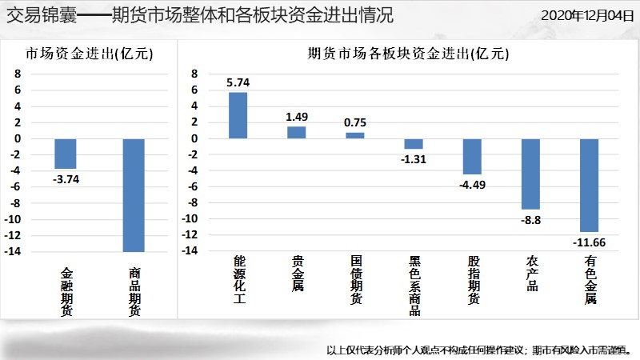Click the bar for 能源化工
click(x=238, y=115)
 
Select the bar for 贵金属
click(x=296, y=132)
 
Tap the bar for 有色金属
click(x=590, y=185)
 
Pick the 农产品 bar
click(x=531, y=174)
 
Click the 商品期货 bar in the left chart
click(x=134, y=195)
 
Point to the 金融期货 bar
click(x=66, y=154)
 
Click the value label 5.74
click(x=238, y=82)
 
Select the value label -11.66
click(x=589, y=242)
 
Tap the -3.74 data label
click(x=66, y=179)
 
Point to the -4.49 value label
click(x=472, y=186)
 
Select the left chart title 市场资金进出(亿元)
click(x=89, y=54)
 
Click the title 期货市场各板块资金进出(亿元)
click(x=408, y=54)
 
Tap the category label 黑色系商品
click(x=414, y=286)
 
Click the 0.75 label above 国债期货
click(x=355, y=122)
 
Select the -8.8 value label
click(x=531, y=219)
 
